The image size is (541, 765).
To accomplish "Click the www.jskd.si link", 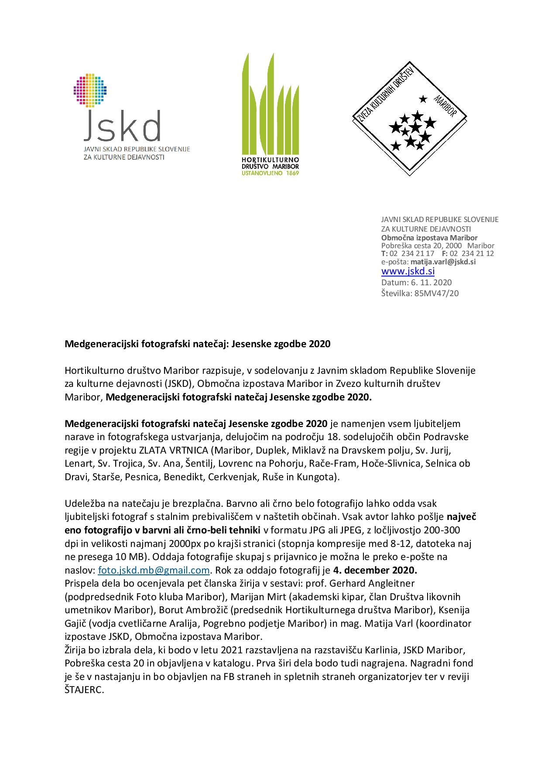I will [x=408, y=271].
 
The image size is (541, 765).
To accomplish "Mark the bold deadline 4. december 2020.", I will [x=375, y=570].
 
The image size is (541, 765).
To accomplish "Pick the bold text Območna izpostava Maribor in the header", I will [x=429, y=238].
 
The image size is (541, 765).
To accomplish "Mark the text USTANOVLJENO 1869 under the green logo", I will [x=270, y=173].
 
